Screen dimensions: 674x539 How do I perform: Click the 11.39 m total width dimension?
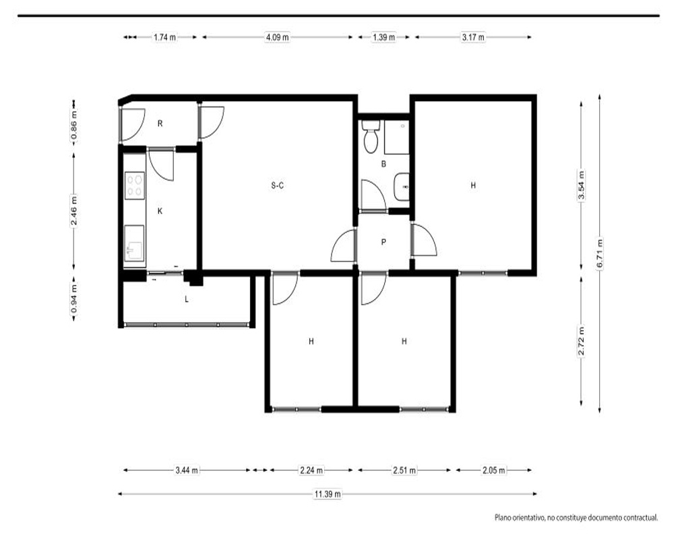coord(328,494)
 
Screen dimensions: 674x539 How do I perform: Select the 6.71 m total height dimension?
coord(600,253)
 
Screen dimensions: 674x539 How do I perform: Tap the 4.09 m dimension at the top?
coord(277,37)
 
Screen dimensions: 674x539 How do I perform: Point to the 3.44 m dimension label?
coord(187,470)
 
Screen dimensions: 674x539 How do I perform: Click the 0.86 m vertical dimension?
coord(74,125)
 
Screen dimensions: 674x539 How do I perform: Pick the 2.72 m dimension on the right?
coord(581,341)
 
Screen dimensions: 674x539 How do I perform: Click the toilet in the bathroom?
coord(371,136)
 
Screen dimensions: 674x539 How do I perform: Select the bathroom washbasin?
coord(401,187)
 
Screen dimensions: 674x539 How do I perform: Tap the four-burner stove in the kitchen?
coord(135,186)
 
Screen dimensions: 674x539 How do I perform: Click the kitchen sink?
coord(134,243)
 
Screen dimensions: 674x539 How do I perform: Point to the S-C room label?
coord(278,186)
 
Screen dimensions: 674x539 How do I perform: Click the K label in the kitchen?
coord(160,211)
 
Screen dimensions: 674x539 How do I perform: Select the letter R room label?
coord(160,124)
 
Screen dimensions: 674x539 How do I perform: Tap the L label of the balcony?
coord(187,299)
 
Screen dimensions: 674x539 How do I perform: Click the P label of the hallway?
coord(384,243)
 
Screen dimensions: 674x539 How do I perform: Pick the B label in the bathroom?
coord(384,164)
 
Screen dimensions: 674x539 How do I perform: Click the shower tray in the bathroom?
coord(396,137)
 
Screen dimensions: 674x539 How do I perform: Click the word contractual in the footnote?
coord(642,518)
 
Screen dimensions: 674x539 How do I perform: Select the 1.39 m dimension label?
coord(384,37)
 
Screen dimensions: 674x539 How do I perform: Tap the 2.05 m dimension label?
coord(494,470)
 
